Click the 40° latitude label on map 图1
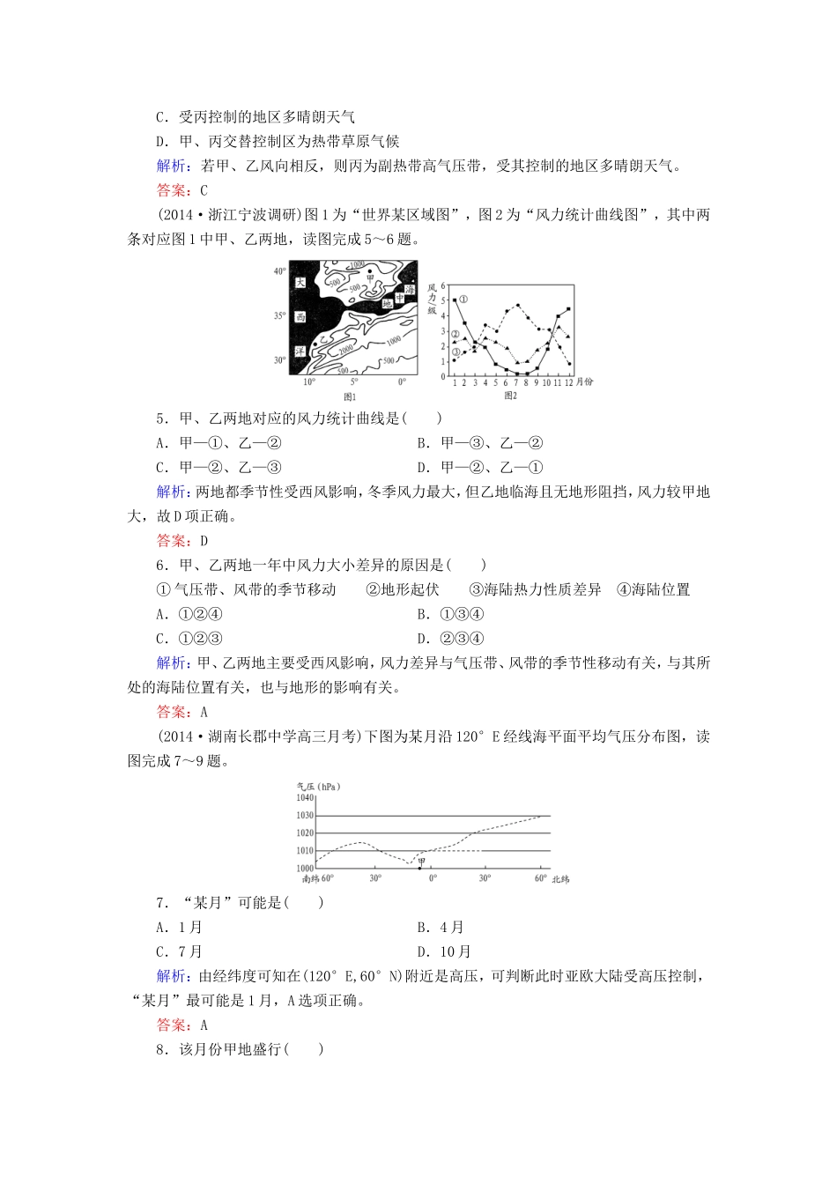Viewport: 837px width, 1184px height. pos(279,270)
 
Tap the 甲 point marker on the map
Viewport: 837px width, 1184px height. pos(369,271)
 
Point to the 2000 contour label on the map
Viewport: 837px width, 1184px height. pos(345,349)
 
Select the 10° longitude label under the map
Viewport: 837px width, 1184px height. pos(309,381)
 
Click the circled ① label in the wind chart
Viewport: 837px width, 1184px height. pos(463,300)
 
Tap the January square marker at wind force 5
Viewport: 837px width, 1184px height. pos(455,300)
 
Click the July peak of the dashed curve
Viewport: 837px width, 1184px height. pos(517,305)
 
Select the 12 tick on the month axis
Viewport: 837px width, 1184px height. pos(568,382)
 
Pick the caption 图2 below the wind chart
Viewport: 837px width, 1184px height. pos(510,396)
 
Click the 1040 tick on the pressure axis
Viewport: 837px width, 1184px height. pos(305,797)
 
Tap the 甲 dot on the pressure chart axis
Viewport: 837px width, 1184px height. pos(419,868)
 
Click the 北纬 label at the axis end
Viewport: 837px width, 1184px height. pos(560,879)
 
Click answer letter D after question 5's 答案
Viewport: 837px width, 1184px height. pos(204,541)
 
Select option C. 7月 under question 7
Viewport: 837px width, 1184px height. pos(180,951)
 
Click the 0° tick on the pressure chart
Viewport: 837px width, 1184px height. pos(432,878)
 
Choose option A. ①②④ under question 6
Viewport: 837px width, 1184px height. pos(189,614)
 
